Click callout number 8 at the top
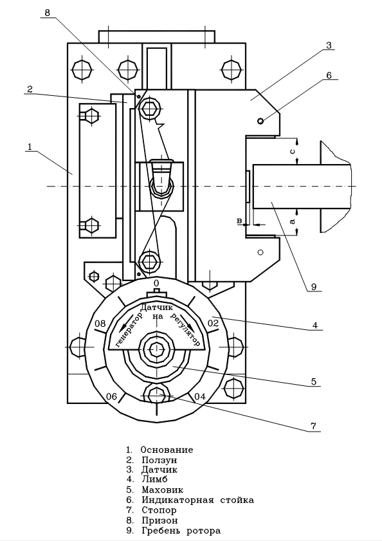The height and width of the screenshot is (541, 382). pyautogui.click(x=48, y=13)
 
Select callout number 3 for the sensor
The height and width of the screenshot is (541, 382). pyautogui.click(x=328, y=45)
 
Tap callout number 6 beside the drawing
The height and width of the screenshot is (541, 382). pyautogui.click(x=329, y=75)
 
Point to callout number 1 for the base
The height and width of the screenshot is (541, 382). pyautogui.click(x=30, y=147)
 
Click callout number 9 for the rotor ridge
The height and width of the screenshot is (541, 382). pyautogui.click(x=314, y=287)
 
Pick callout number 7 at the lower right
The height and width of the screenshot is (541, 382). pyautogui.click(x=313, y=426)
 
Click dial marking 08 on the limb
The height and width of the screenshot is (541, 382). pyautogui.click(x=100, y=324)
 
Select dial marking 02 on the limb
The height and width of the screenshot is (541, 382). pyautogui.click(x=213, y=324)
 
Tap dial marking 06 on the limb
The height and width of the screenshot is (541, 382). pyautogui.click(x=111, y=396)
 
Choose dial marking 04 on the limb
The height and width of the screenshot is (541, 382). pyautogui.click(x=200, y=396)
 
